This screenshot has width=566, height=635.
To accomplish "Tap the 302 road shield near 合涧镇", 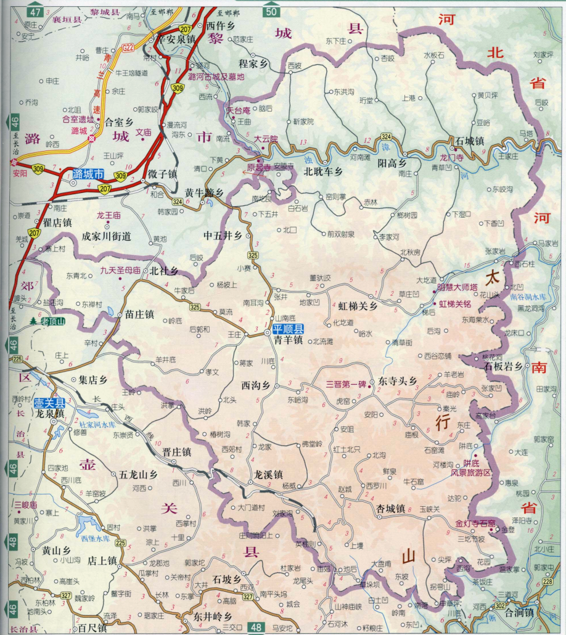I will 499,606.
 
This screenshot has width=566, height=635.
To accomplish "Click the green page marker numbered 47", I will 36,12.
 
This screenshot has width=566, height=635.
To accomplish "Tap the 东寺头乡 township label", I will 398,381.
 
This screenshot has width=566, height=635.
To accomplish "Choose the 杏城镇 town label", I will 390,509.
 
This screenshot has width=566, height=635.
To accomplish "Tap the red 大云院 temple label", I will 266,139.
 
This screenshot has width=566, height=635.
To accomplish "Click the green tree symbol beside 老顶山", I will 33,321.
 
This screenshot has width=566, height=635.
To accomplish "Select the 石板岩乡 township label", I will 504,366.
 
